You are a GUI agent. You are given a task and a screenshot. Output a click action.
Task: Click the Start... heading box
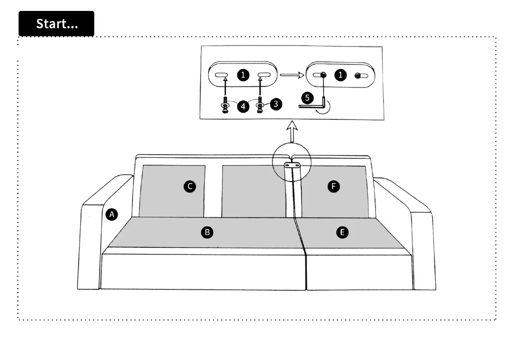point(56,24)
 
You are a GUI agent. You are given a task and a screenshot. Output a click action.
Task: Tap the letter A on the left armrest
point(112,214)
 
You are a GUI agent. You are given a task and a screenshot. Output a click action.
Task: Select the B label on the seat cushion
point(207,232)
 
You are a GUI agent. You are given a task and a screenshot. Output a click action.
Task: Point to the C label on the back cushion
point(190,186)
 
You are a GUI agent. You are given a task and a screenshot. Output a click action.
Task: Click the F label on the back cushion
point(334,186)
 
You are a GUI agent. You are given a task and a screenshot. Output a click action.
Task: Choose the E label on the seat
point(343,232)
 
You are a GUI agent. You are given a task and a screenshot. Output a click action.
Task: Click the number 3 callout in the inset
point(276,104)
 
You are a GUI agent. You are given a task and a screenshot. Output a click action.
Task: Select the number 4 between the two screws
point(243,107)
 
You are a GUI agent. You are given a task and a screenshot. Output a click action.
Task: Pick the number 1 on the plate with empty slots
point(243,75)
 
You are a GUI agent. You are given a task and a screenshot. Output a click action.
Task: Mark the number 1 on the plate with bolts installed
point(341,75)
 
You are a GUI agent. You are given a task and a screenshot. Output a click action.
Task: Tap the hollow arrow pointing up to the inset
point(293,133)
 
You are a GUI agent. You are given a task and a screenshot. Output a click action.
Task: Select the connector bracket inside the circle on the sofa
point(292,167)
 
